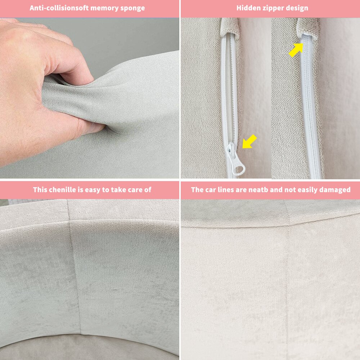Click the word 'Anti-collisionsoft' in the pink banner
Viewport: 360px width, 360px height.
(59, 8)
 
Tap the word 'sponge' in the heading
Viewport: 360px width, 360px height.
(132, 9)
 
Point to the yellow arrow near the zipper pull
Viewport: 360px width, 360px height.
(249, 141)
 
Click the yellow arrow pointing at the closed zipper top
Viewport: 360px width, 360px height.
(296, 50)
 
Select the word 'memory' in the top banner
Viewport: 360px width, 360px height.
(104, 9)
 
